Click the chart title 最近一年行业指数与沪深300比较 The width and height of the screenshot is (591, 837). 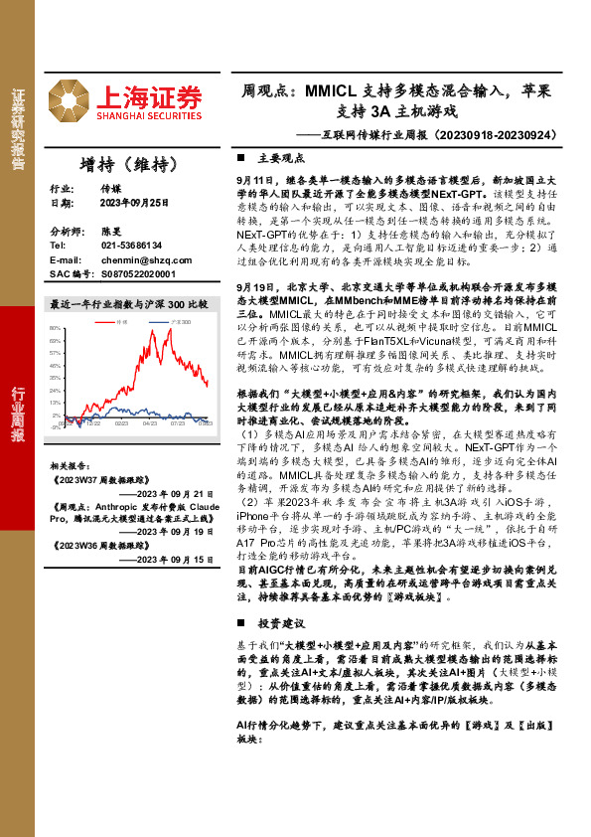point(129,302)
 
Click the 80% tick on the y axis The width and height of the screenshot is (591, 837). point(56,327)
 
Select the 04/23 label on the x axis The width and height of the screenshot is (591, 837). point(150,423)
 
